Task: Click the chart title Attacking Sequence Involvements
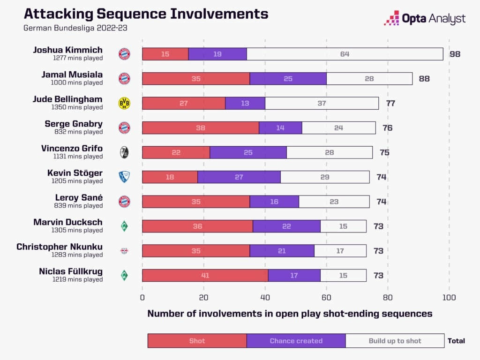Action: click(146, 14)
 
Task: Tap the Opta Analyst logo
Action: click(425, 18)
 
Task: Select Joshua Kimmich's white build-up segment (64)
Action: click(345, 54)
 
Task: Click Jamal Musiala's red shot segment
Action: click(196, 79)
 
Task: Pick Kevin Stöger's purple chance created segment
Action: click(239, 177)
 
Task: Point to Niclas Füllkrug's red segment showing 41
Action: click(205, 276)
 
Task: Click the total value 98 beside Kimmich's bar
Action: click(455, 54)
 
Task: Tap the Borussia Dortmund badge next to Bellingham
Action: click(124, 103)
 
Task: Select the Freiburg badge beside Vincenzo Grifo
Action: click(124, 152)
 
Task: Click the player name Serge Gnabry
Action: click(74, 124)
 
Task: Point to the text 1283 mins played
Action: click(77, 255)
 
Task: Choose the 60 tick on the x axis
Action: click(327, 297)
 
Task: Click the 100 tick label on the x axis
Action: click(449, 297)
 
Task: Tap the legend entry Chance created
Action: click(296, 341)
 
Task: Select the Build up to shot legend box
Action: click(395, 341)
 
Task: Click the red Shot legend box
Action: click(197, 341)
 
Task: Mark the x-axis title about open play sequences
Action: click(290, 314)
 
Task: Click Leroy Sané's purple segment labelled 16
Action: click(274, 202)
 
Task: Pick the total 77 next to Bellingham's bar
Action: click(390, 103)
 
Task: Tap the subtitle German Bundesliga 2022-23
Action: click(75, 28)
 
